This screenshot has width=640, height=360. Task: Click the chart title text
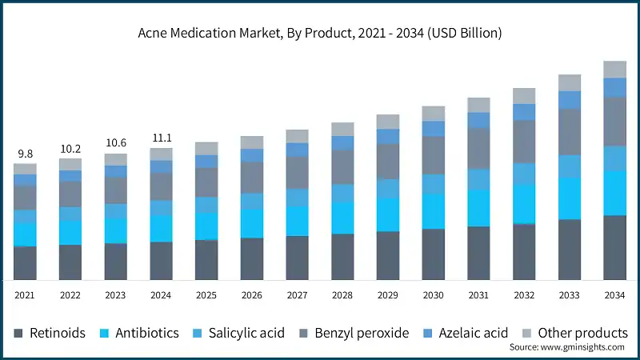pyautogui.click(x=320, y=33)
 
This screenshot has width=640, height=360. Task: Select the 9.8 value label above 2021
pyautogui.click(x=25, y=154)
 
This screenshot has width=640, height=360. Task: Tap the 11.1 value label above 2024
pyautogui.click(x=161, y=138)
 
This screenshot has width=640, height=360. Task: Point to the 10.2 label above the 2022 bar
pyautogui.click(x=70, y=149)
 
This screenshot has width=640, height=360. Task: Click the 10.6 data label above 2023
pyautogui.click(x=115, y=143)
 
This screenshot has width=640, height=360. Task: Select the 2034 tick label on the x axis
pyautogui.click(x=614, y=295)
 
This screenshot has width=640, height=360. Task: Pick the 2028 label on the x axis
pyautogui.click(x=342, y=295)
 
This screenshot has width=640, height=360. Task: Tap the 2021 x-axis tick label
pyautogui.click(x=25, y=295)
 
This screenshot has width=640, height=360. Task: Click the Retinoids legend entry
pyautogui.click(x=50, y=333)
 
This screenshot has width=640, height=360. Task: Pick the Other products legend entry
pyautogui.click(x=573, y=333)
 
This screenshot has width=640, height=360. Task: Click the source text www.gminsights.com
pyautogui.click(x=567, y=348)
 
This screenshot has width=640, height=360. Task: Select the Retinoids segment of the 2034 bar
pyautogui.click(x=614, y=247)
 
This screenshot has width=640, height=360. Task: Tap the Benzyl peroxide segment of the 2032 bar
pyautogui.click(x=524, y=142)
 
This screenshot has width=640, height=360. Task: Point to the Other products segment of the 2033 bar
pyautogui.click(x=570, y=82)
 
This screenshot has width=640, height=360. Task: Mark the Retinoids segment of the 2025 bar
pyautogui.click(x=206, y=260)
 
